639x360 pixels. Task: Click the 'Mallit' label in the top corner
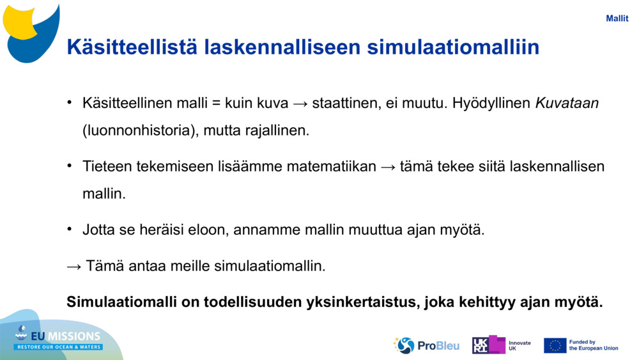[617, 19]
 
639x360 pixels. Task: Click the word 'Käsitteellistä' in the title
[132, 47]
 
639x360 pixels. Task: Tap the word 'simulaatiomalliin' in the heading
[453, 47]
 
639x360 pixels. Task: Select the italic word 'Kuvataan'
[567, 103]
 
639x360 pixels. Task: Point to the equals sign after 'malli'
[217, 104]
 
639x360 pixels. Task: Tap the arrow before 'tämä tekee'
[388, 167]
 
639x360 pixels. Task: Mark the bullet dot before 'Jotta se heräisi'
[69, 229]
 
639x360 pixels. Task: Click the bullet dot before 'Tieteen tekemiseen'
[69, 166]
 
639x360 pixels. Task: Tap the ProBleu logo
[426, 346]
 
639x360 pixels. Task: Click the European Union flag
[555, 345]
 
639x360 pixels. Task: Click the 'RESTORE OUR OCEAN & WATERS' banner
[58, 347]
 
